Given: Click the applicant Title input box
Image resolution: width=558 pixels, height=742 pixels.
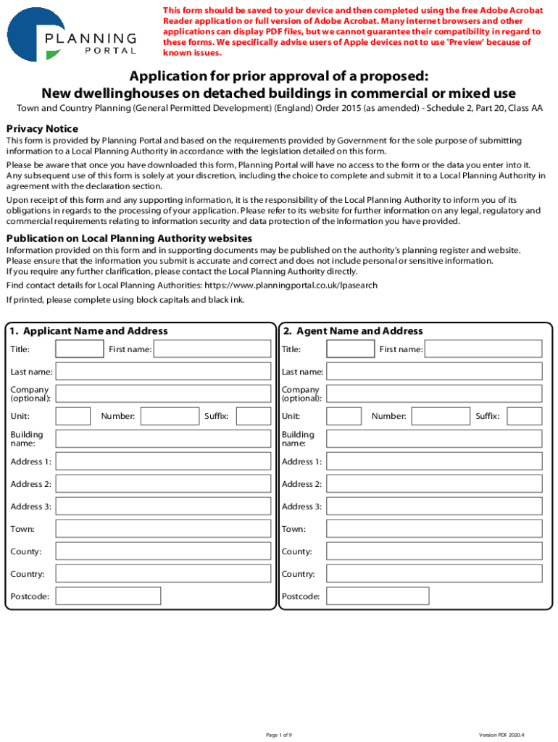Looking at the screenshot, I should [80, 349].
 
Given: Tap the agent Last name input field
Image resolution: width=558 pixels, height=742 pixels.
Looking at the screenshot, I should [433, 372].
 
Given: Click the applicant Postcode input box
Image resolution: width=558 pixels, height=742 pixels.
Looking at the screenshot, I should [108, 596].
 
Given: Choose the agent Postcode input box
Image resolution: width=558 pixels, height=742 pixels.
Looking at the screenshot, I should [378, 596].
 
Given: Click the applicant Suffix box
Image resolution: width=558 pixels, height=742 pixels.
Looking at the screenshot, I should [254, 416].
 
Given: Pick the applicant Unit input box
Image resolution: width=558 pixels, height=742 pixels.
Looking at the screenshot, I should [73, 416].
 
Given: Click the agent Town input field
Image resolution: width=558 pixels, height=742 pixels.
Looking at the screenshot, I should [433, 529].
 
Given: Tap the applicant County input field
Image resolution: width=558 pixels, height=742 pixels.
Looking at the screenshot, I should [163, 551].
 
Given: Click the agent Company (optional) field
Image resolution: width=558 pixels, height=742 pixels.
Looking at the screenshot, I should [433, 393].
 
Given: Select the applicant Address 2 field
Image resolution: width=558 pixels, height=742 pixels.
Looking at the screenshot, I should [163, 484].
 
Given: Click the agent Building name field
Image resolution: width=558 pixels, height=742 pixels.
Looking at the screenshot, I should [433, 438].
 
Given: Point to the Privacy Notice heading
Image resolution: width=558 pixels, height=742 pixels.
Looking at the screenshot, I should [42, 128].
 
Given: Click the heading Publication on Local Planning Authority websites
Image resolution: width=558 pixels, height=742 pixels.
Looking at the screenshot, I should [129, 238].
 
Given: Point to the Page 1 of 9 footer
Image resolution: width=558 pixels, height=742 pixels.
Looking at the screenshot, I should [279, 735].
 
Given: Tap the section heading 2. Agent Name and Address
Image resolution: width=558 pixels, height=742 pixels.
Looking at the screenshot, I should [353, 331].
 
